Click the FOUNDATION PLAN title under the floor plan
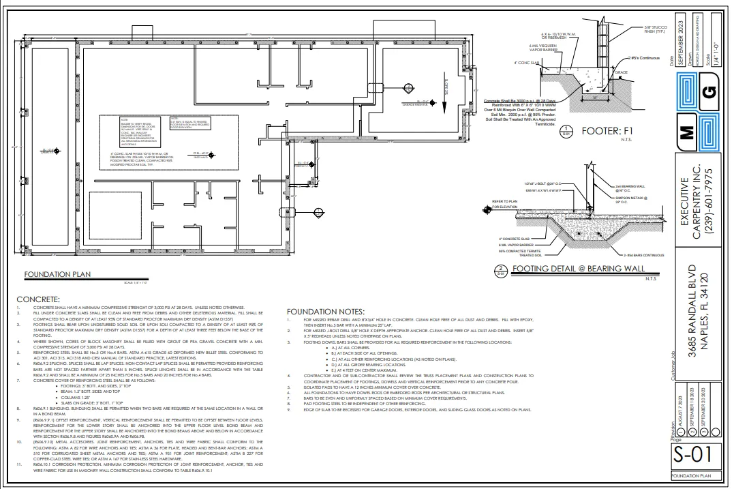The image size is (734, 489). coord(57,275)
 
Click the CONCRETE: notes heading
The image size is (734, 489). coord(38,299)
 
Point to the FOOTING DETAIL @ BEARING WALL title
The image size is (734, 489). coord(578,268)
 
